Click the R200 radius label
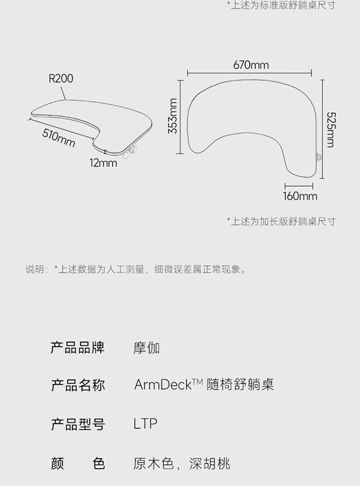pyautogui.click(x=61, y=79)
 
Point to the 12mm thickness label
pyautogui.click(x=103, y=163)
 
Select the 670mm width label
pyautogui.click(x=251, y=65)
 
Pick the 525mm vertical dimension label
pyautogui.click(x=329, y=130)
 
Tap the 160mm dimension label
pyautogui.click(x=299, y=196)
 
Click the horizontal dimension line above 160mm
pyautogui.click(x=298, y=186)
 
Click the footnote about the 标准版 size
pyautogui.click(x=281, y=5)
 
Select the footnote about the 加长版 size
pyautogui.click(x=281, y=221)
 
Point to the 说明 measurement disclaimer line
pyautogui.click(x=136, y=269)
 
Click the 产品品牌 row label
pyautogui.click(x=77, y=348)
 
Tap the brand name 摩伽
pyautogui.click(x=146, y=349)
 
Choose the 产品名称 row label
pyautogui.click(x=77, y=386)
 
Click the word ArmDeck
pyautogui.click(x=162, y=385)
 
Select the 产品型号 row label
pyautogui.click(x=77, y=425)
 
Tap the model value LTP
pyautogui.click(x=145, y=424)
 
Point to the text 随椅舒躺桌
pyautogui.click(x=240, y=385)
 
